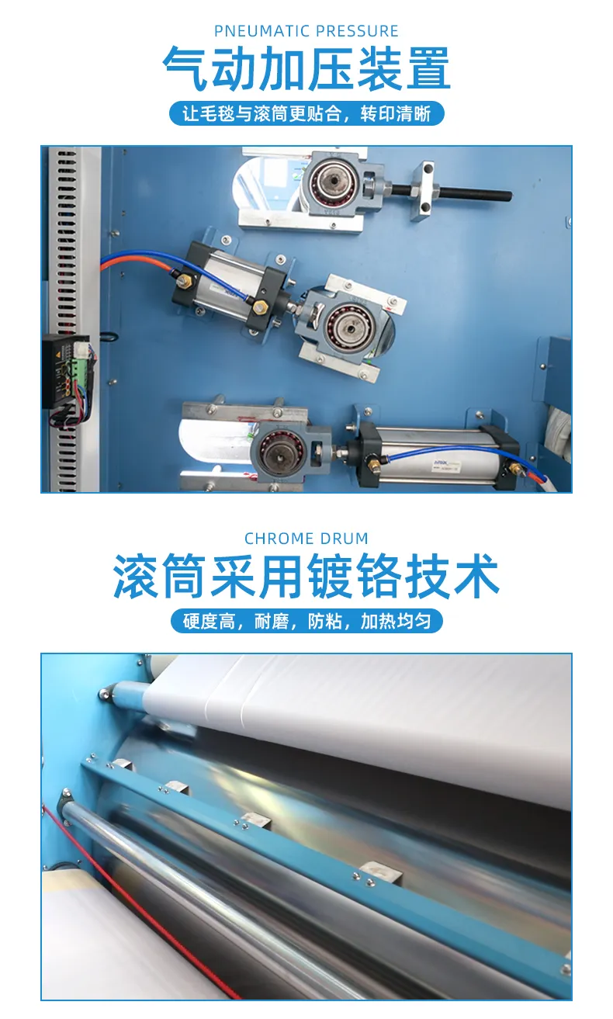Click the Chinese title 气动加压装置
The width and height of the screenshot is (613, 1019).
point(306,69)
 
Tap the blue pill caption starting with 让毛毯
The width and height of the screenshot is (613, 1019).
point(306,113)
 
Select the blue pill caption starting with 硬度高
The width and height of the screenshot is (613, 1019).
point(306,621)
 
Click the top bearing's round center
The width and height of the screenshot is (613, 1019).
point(334,181)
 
